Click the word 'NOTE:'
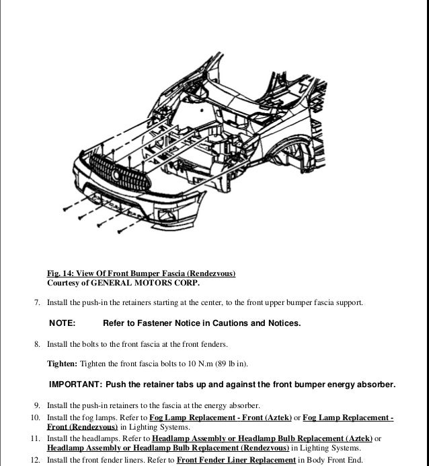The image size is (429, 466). (x=63, y=324)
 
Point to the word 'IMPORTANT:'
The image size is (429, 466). (x=74, y=385)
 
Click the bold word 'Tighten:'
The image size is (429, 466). (x=62, y=364)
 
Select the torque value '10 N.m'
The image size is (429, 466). (x=198, y=364)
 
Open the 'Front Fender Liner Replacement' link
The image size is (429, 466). (x=235, y=460)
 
